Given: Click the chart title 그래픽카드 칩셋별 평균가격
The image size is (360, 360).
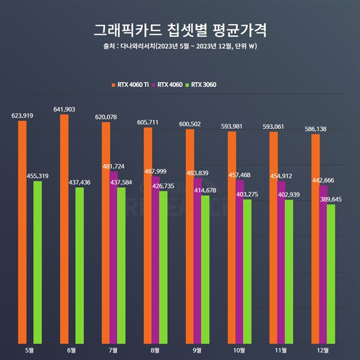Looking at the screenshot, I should click(x=180, y=30).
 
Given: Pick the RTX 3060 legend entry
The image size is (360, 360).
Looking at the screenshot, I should click(x=203, y=85).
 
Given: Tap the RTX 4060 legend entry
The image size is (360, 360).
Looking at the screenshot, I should click(x=170, y=85).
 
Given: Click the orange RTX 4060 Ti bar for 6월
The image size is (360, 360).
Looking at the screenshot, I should click(x=64, y=228).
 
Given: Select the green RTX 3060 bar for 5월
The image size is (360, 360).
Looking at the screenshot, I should click(x=38, y=261).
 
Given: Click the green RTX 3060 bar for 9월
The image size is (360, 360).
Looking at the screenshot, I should click(x=205, y=268).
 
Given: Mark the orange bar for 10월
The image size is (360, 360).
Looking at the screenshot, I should click(x=232, y=236).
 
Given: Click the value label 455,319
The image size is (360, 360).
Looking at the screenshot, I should click(x=38, y=175).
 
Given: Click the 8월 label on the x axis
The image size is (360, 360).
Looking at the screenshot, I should click(x=155, y=350).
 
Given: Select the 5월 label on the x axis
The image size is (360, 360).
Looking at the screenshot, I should click(x=29, y=350).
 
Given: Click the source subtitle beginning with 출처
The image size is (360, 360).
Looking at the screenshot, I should click(x=180, y=47).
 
